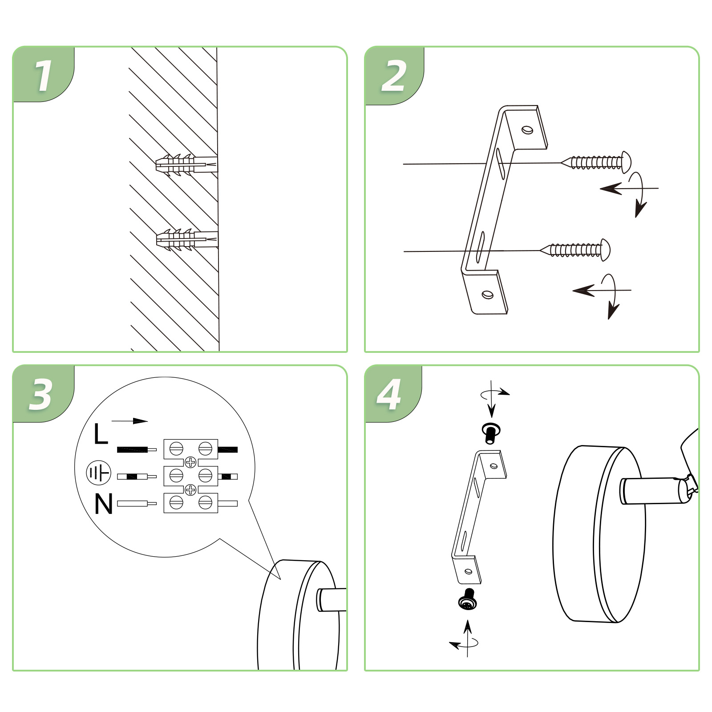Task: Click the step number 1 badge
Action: click(44, 74)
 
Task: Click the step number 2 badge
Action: click(394, 76)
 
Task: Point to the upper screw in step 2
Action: click(596, 162)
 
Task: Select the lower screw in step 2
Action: click(575, 250)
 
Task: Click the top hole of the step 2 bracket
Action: click(528, 129)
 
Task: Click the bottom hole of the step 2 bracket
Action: click(488, 295)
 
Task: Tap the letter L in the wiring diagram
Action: click(101, 434)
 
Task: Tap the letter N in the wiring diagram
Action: click(104, 504)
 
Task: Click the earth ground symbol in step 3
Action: click(98, 473)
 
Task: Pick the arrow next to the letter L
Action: click(129, 421)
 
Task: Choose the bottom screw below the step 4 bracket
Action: click(468, 599)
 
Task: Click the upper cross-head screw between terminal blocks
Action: click(190, 462)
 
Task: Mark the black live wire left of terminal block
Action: click(137, 449)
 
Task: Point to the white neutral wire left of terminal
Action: click(137, 504)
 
